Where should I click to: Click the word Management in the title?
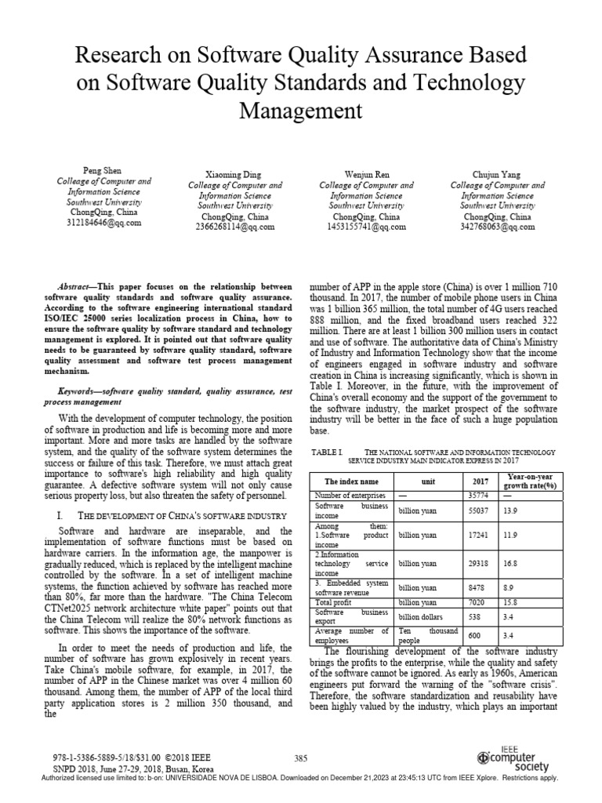click(x=300, y=110)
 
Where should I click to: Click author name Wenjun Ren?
click(x=366, y=173)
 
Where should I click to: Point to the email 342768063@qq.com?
click(x=496, y=227)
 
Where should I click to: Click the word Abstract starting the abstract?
click(x=78, y=287)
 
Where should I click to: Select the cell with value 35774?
click(x=478, y=496)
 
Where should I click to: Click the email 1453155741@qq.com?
click(x=367, y=227)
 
